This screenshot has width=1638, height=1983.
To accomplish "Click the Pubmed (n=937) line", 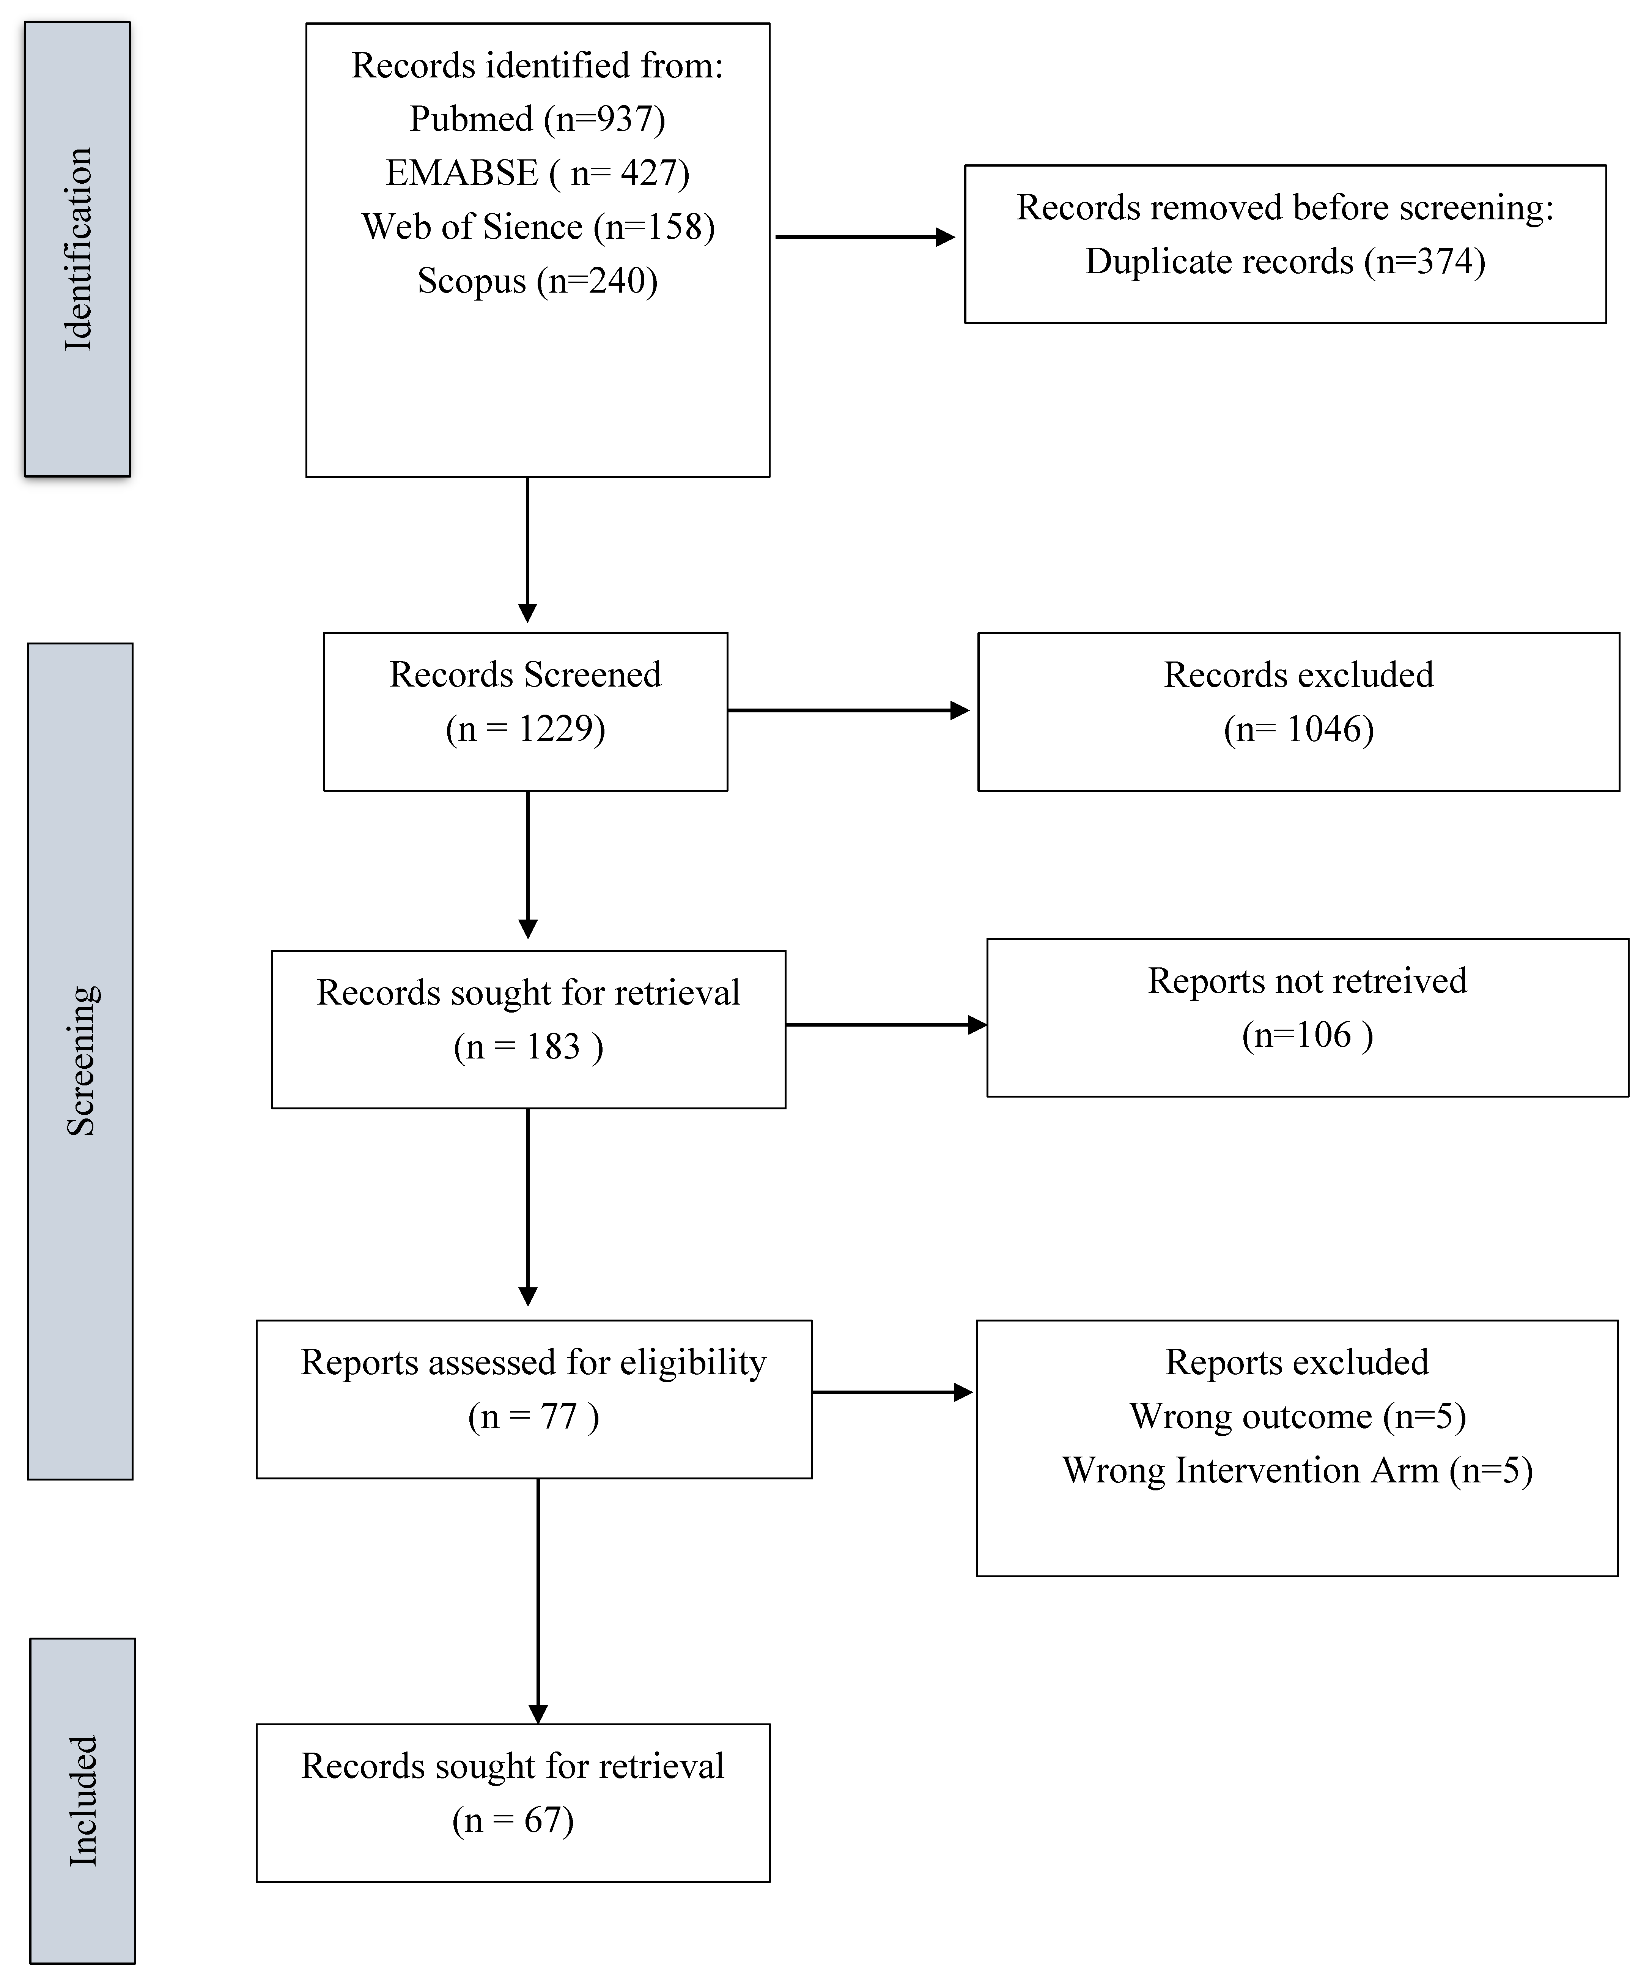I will click(x=537, y=119).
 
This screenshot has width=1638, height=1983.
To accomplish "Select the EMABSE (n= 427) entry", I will click(x=537, y=173).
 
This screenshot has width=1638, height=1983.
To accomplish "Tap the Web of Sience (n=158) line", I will click(x=537, y=227).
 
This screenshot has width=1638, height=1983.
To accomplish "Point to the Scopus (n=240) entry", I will click(x=537, y=280).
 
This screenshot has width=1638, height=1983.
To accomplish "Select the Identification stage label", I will click(x=77, y=249).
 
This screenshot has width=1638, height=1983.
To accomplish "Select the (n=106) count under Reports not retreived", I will click(x=1307, y=1035).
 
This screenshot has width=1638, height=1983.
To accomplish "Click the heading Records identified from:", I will click(x=537, y=65).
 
